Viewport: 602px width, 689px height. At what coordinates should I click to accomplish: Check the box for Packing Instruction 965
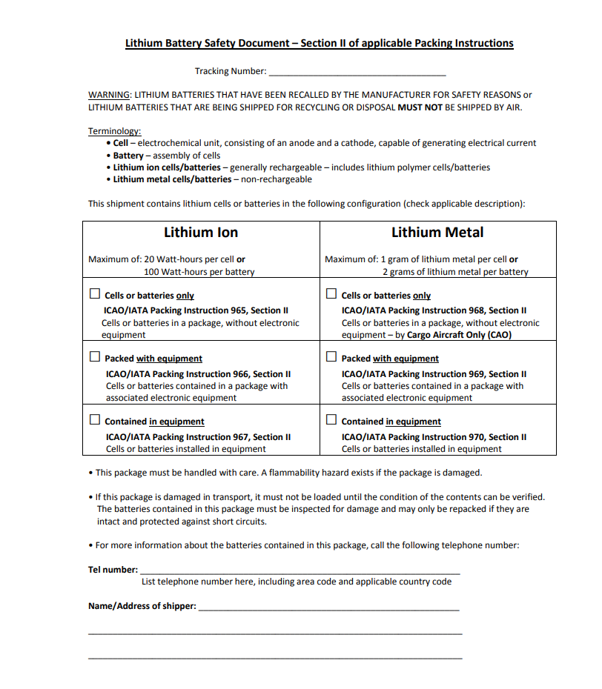95,293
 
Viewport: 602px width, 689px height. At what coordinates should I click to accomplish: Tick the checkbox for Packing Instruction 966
95,356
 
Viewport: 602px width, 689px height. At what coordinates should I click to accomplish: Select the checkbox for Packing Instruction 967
95,419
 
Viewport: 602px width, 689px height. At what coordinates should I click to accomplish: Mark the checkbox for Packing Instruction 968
331,293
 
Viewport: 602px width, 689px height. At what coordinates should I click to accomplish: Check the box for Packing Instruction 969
331,356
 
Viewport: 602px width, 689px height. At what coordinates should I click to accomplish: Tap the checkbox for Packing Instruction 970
331,419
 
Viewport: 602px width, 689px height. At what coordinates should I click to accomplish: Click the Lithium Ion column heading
201,233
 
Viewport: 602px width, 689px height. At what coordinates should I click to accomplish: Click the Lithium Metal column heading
437,233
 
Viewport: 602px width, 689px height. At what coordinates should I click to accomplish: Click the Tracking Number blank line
357,73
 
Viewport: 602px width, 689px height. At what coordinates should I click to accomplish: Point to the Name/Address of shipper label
142,606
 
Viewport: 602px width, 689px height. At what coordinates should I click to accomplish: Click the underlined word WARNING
109,95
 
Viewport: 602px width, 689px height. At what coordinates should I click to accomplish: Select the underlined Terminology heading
114,131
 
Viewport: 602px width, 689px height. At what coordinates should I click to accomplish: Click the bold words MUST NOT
420,107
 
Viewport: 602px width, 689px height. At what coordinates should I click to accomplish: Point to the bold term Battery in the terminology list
128,156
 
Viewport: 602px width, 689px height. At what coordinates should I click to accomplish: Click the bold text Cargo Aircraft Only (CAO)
459,335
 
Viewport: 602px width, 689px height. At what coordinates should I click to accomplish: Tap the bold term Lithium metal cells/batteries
172,179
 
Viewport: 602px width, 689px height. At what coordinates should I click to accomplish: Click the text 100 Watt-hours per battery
199,272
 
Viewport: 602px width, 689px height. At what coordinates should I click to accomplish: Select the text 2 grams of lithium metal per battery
455,272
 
